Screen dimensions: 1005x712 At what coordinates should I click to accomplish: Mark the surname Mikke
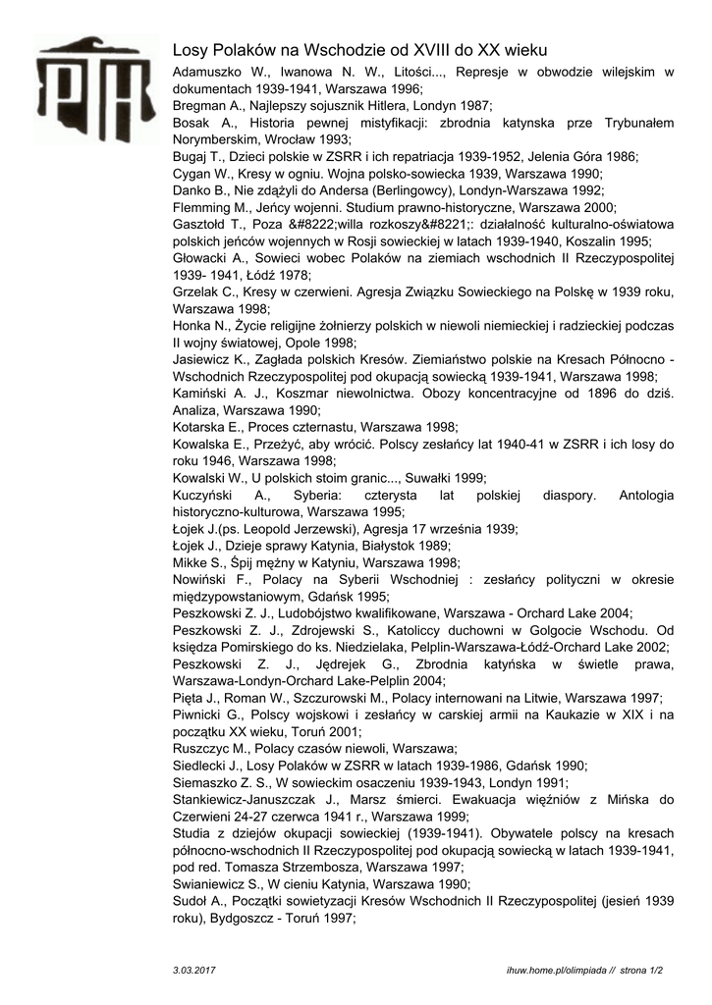point(192,562)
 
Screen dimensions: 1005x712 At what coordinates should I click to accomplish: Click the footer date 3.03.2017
point(193,969)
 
